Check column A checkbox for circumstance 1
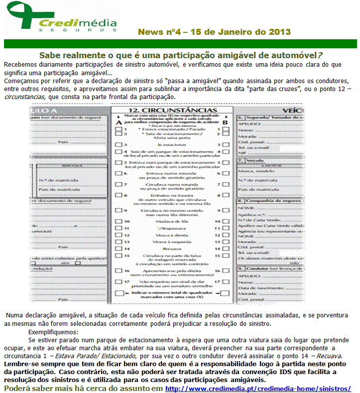click(119, 129)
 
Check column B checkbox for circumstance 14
click(225, 248)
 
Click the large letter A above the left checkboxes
click(118, 122)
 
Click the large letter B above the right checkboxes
click(225, 122)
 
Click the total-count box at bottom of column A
click(119, 294)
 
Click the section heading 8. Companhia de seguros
click(269, 200)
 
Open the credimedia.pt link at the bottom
click(258, 388)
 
